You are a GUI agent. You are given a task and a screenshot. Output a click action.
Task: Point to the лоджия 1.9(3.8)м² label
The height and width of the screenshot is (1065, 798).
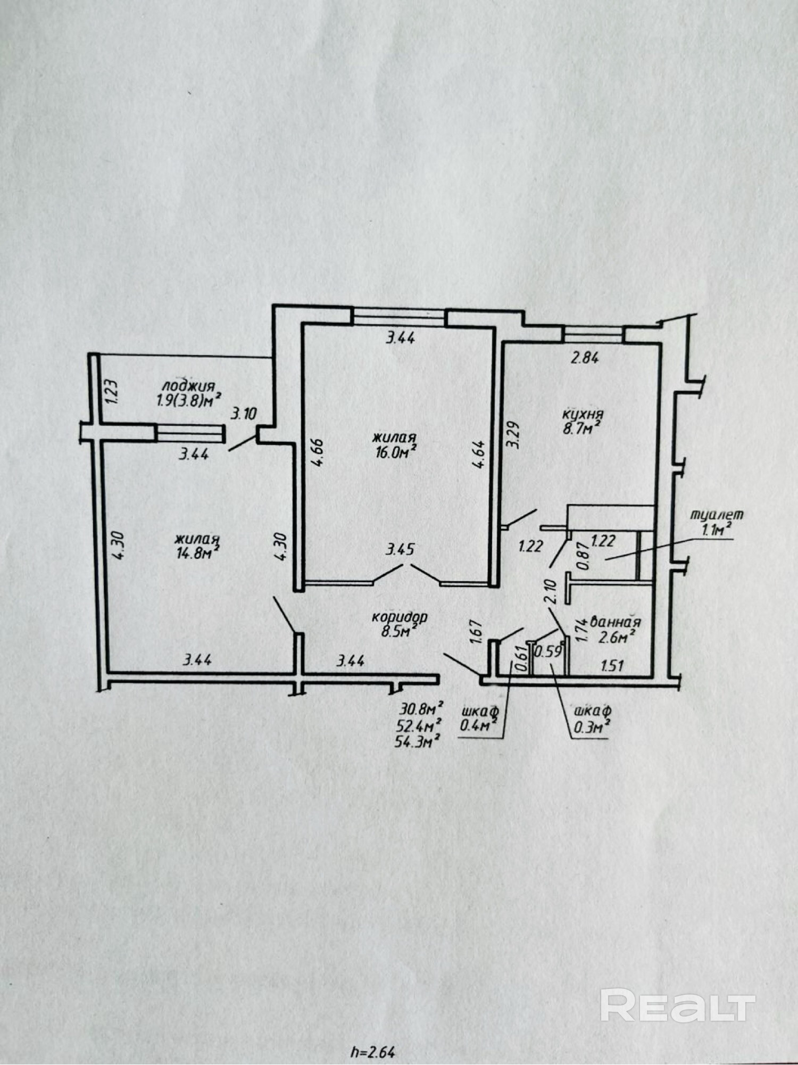coord(189,393)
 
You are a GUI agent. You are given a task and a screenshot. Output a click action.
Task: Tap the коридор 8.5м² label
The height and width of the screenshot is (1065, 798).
coord(399,624)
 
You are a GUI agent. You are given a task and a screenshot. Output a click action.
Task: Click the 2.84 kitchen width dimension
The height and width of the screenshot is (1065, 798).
coord(584,358)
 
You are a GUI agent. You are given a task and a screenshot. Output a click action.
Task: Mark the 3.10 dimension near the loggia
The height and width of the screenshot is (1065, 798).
coord(244,414)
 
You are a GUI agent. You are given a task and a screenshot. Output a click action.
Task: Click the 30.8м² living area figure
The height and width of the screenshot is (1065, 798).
coord(421,708)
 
